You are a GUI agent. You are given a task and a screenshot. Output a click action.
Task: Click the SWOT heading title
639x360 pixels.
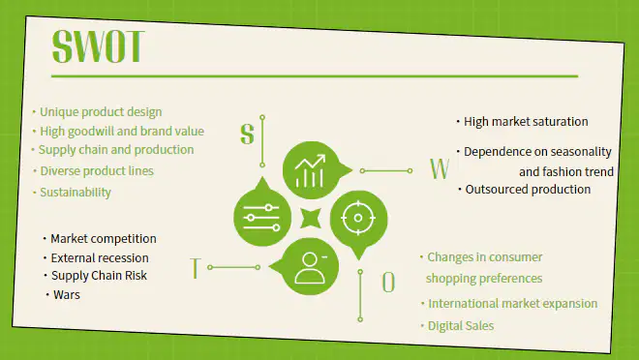point(98,46)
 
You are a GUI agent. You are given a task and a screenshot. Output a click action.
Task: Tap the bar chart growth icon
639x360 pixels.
point(311,170)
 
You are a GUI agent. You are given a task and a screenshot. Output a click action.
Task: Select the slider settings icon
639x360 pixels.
point(261,218)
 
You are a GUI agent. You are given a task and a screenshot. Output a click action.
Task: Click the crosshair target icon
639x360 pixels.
point(358,218)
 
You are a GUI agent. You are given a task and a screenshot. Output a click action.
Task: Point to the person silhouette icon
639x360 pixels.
point(311,267)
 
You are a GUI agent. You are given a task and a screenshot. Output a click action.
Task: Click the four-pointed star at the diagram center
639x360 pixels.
point(311,219)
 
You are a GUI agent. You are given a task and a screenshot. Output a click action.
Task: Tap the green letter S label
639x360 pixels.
point(247,134)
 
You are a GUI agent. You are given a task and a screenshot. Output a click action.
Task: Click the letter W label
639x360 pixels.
point(440,168)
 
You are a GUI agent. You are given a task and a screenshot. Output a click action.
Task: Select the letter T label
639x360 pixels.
point(196,268)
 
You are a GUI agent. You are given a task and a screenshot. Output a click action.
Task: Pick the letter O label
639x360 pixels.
point(388,283)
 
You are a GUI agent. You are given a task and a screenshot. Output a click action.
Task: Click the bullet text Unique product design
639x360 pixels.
point(101,112)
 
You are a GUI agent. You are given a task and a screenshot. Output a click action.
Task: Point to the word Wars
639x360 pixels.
point(67,295)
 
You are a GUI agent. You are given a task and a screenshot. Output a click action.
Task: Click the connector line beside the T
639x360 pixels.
point(234,267)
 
